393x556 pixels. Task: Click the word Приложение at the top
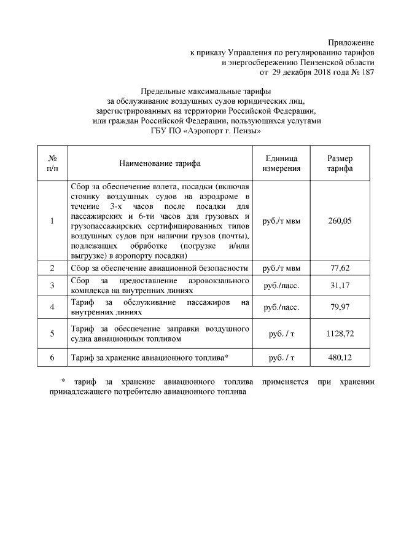pos(351,42)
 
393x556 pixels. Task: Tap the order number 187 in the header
pos(367,72)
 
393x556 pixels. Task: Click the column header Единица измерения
pos(281,163)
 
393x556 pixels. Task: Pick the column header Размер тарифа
pos(340,163)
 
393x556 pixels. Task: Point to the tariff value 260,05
pos(340,221)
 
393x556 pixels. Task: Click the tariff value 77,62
pos(340,268)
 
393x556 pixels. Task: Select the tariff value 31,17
pos(340,285)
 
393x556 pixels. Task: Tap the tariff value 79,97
pos(340,307)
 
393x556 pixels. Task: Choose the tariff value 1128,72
pos(340,334)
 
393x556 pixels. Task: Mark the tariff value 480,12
pos(340,358)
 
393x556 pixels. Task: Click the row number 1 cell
pos(52,221)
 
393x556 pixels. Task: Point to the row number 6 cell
pos(52,358)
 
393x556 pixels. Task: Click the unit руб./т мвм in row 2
pos(281,268)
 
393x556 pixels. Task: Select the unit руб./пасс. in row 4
pos(281,307)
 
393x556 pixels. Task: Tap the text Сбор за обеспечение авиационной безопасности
pos(160,268)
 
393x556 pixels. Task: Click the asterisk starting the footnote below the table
pos(63,381)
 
